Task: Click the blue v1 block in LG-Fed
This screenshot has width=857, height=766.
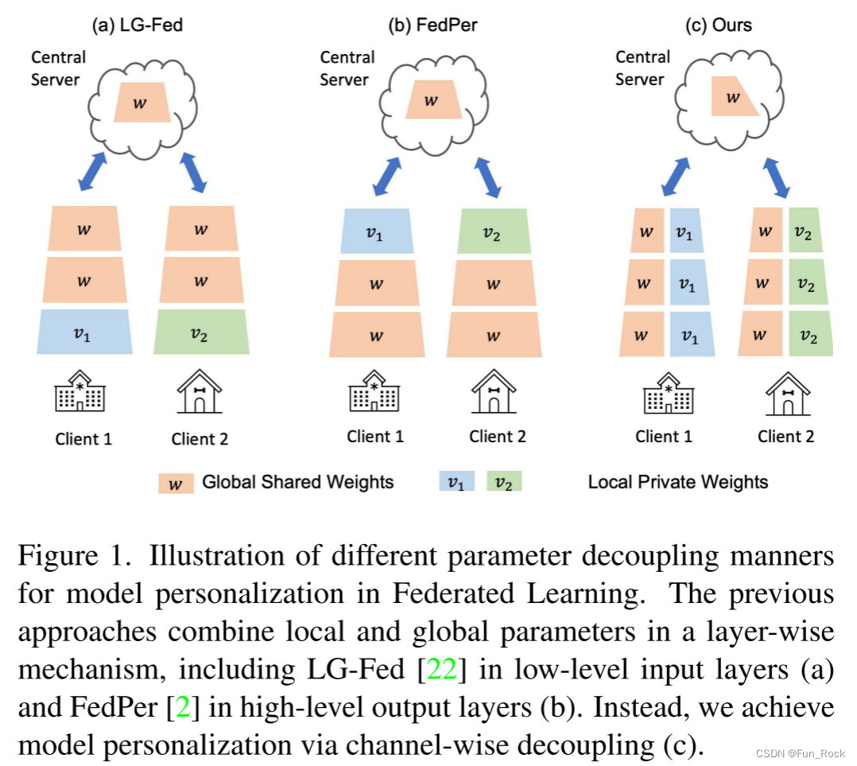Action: click(83, 332)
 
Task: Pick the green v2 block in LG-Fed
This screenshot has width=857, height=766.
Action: click(201, 332)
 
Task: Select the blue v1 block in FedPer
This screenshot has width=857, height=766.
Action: click(376, 231)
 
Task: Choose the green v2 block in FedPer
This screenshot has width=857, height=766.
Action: click(494, 231)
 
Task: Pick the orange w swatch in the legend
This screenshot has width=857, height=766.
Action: click(176, 483)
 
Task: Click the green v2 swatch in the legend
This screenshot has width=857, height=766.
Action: click(504, 482)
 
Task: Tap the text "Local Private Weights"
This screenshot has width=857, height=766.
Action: click(678, 482)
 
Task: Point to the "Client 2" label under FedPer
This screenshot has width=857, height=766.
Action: click(498, 437)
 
